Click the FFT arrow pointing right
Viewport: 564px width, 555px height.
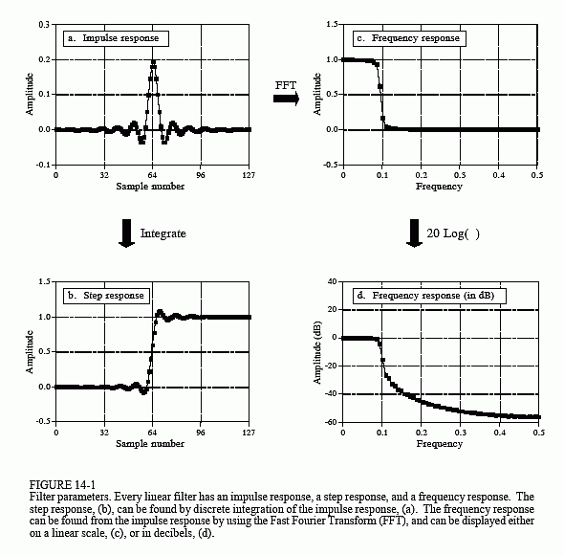286,99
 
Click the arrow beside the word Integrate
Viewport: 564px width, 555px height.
126,233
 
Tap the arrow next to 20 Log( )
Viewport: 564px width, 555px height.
414,233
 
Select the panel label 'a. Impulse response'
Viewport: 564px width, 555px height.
116,38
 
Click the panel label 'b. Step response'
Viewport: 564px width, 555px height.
106,296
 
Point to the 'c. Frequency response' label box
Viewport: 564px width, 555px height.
409,38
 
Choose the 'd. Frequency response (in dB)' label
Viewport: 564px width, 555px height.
429,296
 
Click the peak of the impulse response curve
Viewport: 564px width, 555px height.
153,62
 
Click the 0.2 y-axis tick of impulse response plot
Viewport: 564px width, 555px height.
44,59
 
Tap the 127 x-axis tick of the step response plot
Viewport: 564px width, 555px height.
249,433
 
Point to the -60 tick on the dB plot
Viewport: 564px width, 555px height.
332,421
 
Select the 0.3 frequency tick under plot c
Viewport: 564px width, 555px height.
460,175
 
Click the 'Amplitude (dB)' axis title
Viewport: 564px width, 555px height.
317,352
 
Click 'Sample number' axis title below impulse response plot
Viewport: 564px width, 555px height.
150,187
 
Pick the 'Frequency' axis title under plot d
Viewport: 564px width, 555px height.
439,443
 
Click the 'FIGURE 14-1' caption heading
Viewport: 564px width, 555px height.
62,485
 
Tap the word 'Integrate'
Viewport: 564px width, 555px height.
163,233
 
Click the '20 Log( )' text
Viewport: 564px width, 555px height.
453,233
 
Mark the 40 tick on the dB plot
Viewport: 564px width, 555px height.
333,281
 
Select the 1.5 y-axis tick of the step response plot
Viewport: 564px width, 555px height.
44,281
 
